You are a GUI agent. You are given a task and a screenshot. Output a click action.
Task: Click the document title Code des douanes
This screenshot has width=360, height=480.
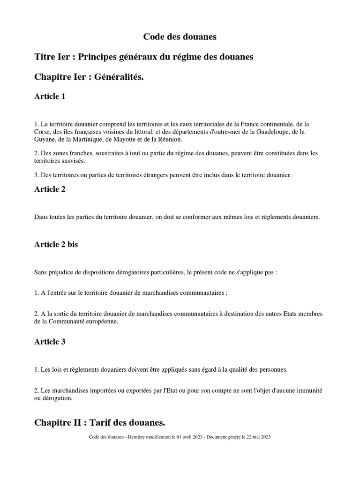click(x=180, y=37)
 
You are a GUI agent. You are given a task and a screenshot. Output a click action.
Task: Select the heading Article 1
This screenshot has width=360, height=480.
click(x=50, y=97)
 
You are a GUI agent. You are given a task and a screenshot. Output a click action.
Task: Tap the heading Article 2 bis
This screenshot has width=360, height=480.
click(x=56, y=245)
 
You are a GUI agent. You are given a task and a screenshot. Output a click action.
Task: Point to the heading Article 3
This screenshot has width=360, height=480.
click(x=50, y=342)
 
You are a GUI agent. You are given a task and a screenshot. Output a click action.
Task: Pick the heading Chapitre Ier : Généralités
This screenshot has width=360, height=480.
click(x=89, y=76)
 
